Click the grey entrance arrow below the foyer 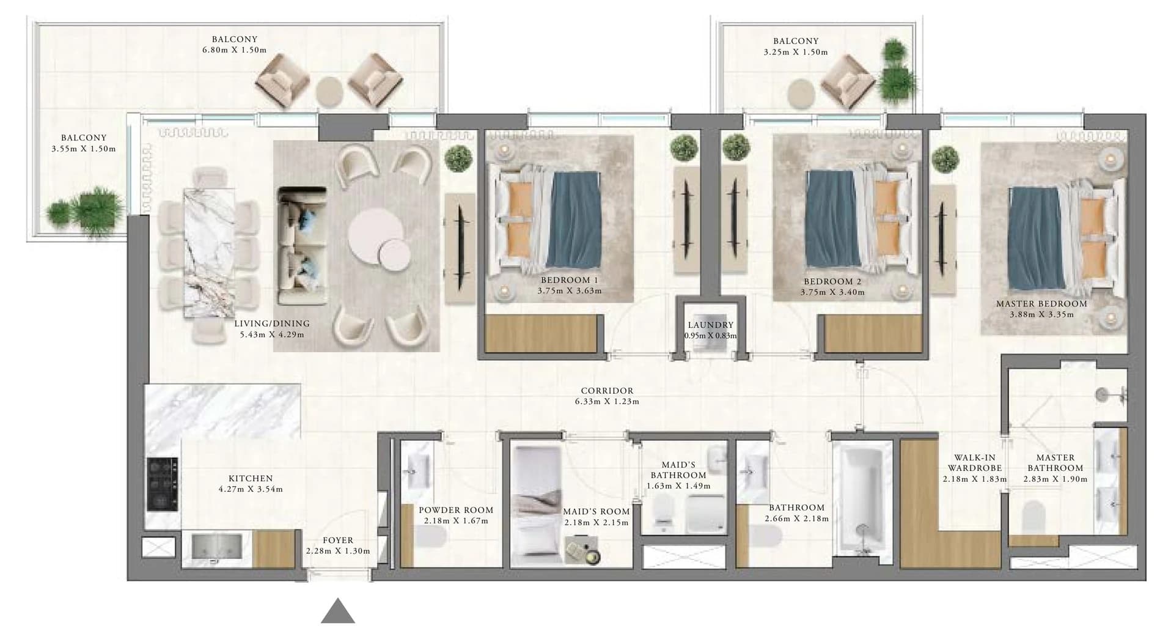point(338,612)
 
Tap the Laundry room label point(710,325)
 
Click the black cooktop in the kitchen point(163,484)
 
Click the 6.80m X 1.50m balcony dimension point(234,51)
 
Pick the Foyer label point(338,541)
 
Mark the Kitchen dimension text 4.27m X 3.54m point(251,489)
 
